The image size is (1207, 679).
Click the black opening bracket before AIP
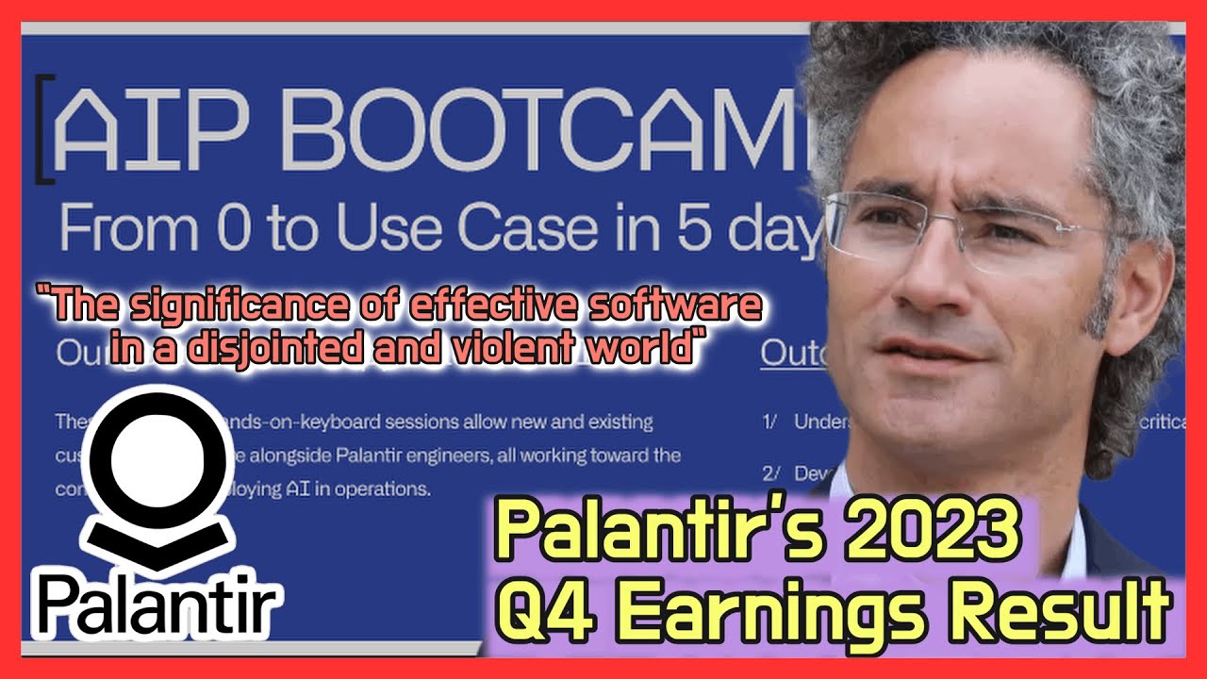coord(41,130)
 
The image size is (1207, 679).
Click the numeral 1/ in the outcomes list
coord(770,422)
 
